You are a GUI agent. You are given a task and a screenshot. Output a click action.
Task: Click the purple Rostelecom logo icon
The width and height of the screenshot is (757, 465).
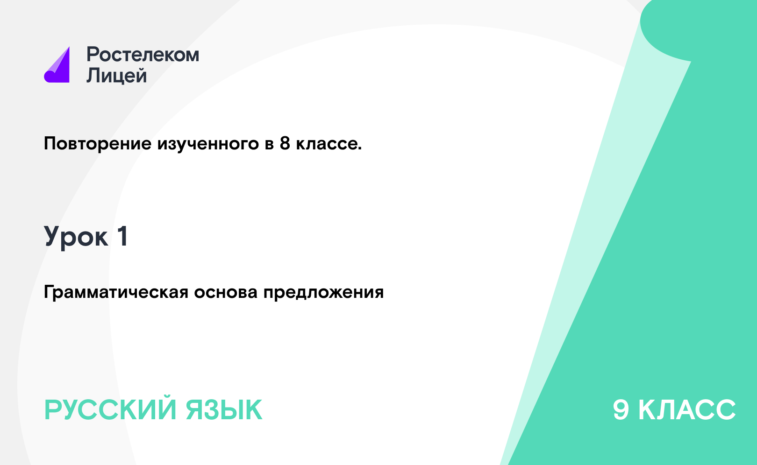coord(57,65)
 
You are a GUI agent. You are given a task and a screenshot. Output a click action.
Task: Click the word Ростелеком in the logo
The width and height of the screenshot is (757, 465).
coord(143,55)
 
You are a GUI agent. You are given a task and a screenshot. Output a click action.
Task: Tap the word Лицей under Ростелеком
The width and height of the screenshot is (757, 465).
coord(117,75)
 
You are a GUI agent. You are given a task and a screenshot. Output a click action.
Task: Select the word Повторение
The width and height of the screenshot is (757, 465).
coord(98,143)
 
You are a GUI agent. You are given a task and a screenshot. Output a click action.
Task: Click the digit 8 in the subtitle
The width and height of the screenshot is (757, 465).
coord(285,143)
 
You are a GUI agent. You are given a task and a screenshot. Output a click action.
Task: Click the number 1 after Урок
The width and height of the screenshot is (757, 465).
coord(123,236)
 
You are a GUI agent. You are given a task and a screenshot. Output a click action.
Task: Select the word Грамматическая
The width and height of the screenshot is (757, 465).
coord(116,292)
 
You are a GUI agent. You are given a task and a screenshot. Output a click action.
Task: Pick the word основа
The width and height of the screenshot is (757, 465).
coord(226,292)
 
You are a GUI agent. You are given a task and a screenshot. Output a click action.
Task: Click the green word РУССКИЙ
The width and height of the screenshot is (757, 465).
coord(110,410)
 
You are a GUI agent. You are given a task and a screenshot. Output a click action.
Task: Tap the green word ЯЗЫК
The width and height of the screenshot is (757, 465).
coord(224,410)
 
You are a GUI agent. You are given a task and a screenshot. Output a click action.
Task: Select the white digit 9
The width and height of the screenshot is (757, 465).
coord(621,409)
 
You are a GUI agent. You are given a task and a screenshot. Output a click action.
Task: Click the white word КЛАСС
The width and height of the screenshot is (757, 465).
coord(687,409)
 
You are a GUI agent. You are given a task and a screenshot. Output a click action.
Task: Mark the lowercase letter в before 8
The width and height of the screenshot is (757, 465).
coord(269,145)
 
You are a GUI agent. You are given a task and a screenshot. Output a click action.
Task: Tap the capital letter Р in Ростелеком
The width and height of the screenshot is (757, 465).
coord(93,55)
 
